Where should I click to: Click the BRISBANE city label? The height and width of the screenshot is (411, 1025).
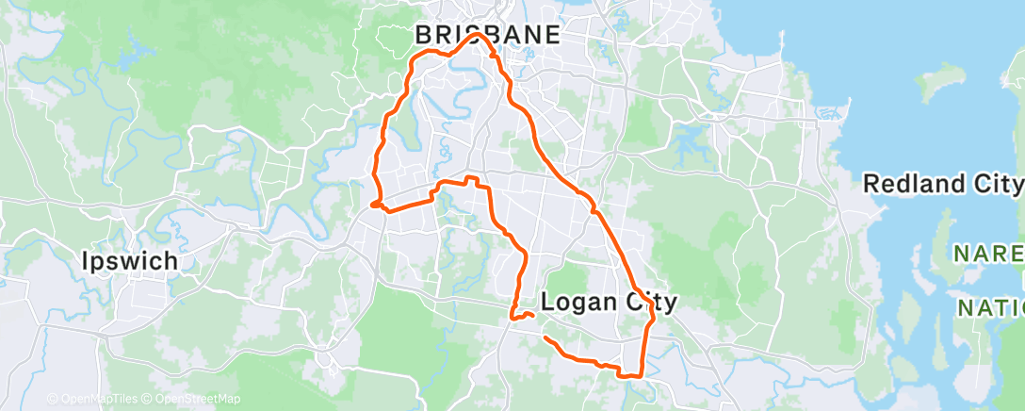[488, 36]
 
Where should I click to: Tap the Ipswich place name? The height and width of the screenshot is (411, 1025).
[130, 260]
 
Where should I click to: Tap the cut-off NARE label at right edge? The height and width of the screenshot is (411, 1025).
[986, 254]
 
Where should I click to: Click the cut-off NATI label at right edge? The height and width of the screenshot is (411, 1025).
[990, 307]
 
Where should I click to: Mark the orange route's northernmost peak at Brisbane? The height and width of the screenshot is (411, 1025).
[478, 35]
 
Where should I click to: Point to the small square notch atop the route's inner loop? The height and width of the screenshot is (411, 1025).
[473, 178]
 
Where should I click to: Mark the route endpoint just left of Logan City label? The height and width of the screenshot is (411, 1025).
[533, 314]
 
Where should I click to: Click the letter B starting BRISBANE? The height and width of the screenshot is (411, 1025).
[424, 36]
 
